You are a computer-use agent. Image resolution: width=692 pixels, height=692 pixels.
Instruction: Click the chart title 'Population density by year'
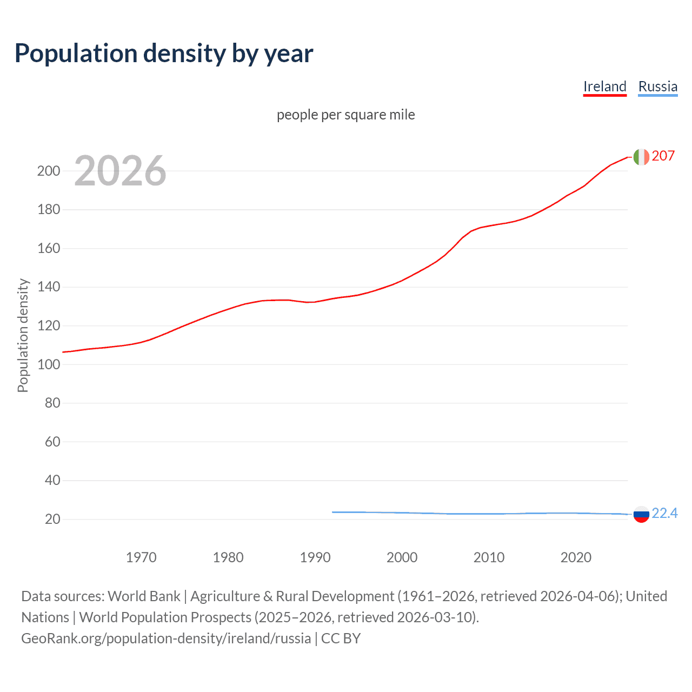pos(164,54)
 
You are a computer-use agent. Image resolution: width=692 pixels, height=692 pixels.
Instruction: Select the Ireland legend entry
pos(604,86)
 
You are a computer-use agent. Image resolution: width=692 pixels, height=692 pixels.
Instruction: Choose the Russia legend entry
pos(657,86)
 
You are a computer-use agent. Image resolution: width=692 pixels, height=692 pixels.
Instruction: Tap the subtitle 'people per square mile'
pos(345,115)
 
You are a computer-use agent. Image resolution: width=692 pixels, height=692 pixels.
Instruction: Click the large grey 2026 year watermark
pos(120,171)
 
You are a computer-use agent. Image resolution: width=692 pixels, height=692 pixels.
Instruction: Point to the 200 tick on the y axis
pos(49,171)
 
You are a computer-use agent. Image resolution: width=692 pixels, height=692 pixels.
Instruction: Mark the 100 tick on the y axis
pos(49,364)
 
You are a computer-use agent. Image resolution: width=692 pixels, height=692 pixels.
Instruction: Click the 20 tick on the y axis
pos(52,519)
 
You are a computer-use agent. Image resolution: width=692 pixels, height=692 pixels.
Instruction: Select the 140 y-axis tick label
pos(49,287)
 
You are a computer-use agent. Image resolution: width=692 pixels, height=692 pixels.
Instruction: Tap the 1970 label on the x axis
pos(141,557)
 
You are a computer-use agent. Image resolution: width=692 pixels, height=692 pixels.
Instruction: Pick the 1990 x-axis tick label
pos(315,557)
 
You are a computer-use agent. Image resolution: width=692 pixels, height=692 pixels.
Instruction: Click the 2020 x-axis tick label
pos(576,557)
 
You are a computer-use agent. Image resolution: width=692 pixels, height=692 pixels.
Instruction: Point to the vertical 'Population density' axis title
pos(23,335)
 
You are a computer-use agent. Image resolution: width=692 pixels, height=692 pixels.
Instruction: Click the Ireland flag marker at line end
pos(641,157)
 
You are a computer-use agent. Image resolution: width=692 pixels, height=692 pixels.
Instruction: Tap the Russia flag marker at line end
pos(641,514)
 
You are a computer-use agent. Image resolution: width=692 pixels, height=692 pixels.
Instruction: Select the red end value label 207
pos(663,156)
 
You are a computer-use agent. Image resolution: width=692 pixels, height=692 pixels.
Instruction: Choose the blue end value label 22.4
pos(664,513)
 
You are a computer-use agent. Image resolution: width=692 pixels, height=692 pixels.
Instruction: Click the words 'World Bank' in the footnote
pos(144,596)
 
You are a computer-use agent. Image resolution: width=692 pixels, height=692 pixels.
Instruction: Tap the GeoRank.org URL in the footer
pos(166,638)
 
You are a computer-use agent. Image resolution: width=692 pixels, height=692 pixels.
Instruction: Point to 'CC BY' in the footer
pos(341,638)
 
